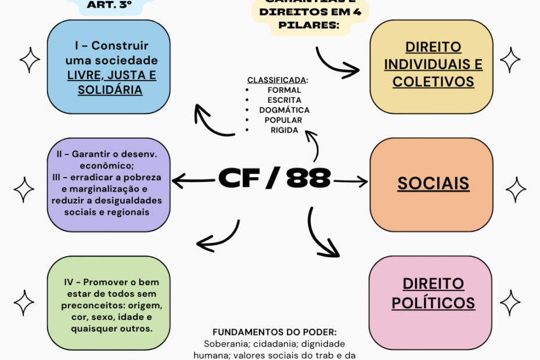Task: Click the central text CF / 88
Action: click(x=274, y=178)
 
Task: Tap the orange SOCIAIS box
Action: click(x=433, y=183)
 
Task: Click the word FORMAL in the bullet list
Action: click(x=284, y=90)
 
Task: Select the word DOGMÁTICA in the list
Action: click(x=285, y=110)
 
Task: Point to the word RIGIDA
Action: click(x=284, y=130)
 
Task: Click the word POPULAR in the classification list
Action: click(x=285, y=120)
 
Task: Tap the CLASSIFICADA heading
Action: click(x=278, y=80)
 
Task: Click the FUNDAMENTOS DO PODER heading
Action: click(x=274, y=332)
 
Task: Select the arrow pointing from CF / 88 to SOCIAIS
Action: click(x=351, y=182)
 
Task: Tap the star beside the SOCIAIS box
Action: click(x=516, y=189)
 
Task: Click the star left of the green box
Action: click(x=24, y=303)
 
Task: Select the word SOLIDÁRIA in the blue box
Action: click(x=110, y=91)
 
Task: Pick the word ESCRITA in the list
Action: click(x=284, y=100)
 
